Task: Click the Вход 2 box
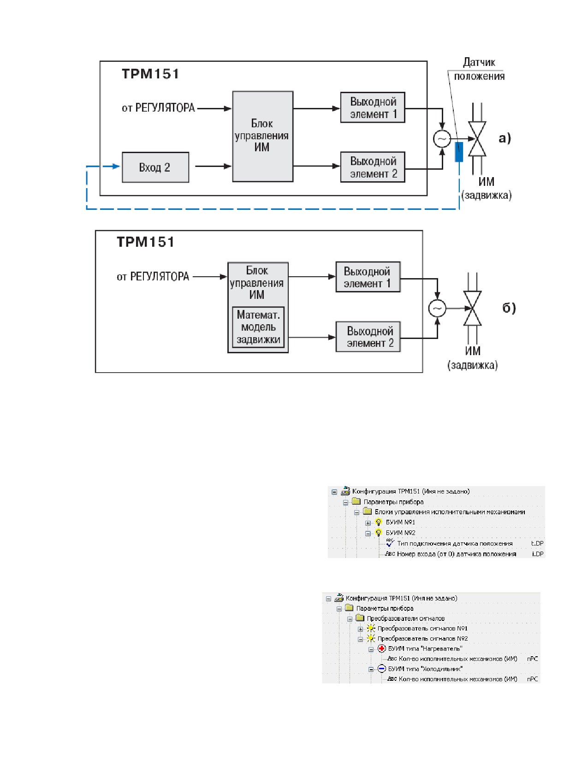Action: click(155, 167)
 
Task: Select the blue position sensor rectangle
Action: click(459, 152)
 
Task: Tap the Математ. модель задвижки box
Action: click(258, 327)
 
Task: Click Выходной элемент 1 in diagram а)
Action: click(373, 107)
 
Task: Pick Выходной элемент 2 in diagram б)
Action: click(368, 337)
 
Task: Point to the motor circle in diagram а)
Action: click(442, 139)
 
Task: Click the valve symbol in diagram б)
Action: click(472, 308)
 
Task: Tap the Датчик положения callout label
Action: click(479, 69)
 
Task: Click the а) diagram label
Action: click(505, 138)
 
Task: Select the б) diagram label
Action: click(509, 308)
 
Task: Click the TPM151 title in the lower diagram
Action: click(145, 242)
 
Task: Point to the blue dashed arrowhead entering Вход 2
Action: click(116, 166)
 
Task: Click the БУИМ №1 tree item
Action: click(400, 522)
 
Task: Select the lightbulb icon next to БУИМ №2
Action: click(378, 533)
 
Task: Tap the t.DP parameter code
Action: click(537, 543)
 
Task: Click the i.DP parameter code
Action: click(538, 553)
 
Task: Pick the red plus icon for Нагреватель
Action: click(382, 648)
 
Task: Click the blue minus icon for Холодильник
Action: click(382, 669)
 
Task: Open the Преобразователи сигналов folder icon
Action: click(360, 618)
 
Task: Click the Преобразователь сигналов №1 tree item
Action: click(422, 628)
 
